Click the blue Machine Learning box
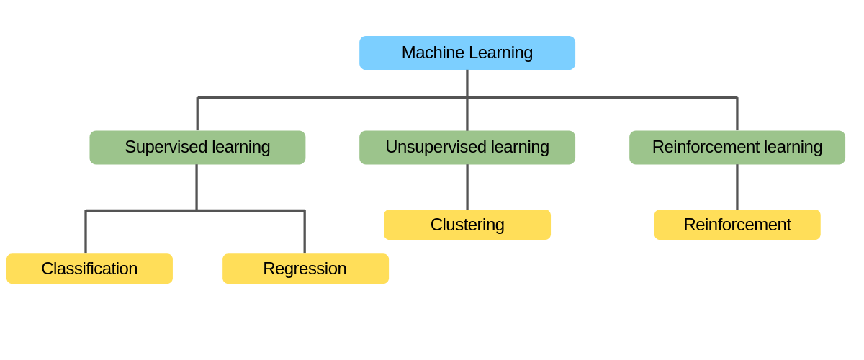(x=467, y=53)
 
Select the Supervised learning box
(x=197, y=147)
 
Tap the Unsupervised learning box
(x=467, y=147)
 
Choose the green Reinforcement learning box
(x=737, y=147)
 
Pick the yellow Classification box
(x=89, y=269)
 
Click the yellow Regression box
(x=305, y=269)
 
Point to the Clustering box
(x=467, y=225)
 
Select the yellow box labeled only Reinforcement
(x=737, y=225)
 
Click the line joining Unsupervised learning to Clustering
(x=467, y=187)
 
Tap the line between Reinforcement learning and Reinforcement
(x=737, y=187)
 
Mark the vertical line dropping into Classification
(x=86, y=232)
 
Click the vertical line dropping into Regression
(x=305, y=232)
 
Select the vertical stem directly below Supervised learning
(x=197, y=187)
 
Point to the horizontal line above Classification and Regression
(x=144, y=210)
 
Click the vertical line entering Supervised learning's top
(x=197, y=114)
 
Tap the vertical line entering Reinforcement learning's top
(x=737, y=114)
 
